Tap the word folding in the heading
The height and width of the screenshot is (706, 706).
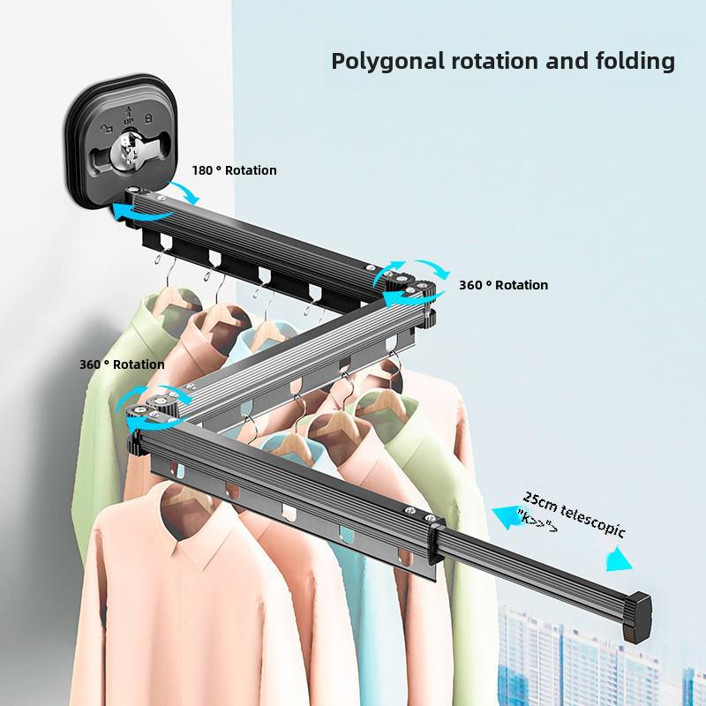[630, 62]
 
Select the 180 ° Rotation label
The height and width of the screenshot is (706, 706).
[234, 170]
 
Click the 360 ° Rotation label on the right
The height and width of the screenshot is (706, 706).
[503, 285]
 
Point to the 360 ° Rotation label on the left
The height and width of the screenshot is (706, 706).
[122, 364]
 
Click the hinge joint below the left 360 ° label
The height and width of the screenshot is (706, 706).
[159, 405]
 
